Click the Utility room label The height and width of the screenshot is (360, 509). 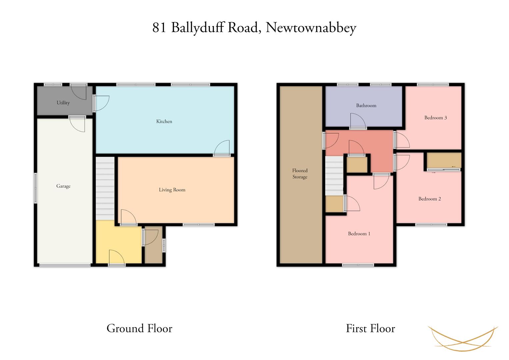tap(63, 103)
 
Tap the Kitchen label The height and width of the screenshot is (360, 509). tap(164, 121)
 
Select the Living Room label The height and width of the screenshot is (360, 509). tap(172, 190)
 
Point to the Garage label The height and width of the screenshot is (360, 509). tap(63, 186)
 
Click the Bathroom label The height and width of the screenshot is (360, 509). tap(366, 105)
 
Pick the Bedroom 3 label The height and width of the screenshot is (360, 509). tap(436, 118)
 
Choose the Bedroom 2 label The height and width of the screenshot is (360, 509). tap(429, 199)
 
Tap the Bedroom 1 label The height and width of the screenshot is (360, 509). tap(359, 234)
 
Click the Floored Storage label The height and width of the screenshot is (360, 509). tap(300, 174)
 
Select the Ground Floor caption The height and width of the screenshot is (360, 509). tap(140, 328)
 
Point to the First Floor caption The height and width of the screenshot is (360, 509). tap(371, 328)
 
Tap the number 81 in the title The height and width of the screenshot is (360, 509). tap(159, 27)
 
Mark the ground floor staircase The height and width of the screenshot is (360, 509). tap(105, 188)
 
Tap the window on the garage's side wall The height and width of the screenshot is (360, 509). tap(35, 188)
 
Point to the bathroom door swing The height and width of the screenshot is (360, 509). tap(358, 121)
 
